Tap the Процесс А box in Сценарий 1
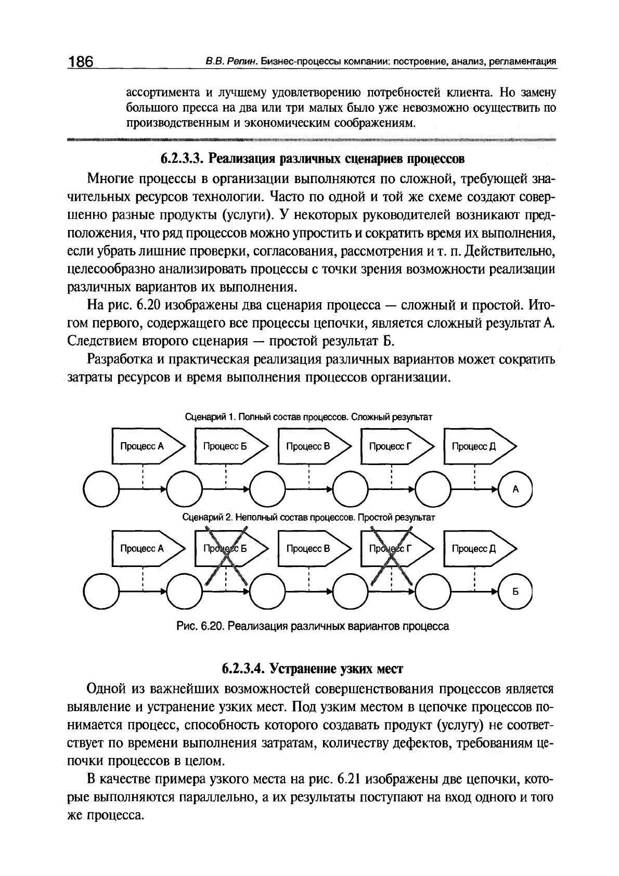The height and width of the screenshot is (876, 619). pos(146,446)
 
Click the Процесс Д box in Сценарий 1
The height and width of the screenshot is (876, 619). pos(479,446)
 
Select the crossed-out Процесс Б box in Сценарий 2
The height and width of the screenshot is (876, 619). pos(229,548)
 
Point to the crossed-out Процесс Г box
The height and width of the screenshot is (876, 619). pos(395,548)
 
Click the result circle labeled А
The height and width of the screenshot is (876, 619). pos(515,489)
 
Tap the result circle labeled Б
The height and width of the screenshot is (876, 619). pos(515,592)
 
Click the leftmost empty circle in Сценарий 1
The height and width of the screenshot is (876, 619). pos(101,489)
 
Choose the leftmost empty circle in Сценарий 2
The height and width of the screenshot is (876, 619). pos(101,592)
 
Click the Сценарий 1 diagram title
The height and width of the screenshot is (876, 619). pos(309,417)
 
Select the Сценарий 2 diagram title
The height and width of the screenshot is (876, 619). pos(309,518)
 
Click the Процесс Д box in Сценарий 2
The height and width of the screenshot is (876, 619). pos(479,548)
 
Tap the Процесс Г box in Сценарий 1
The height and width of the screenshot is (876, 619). pos(395,446)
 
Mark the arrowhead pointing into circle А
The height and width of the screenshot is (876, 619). pos(495,489)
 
